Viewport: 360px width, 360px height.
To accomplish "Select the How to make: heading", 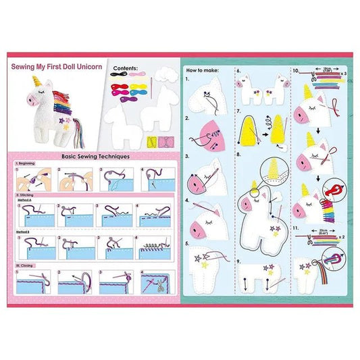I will pyautogui.click(x=201, y=70).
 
